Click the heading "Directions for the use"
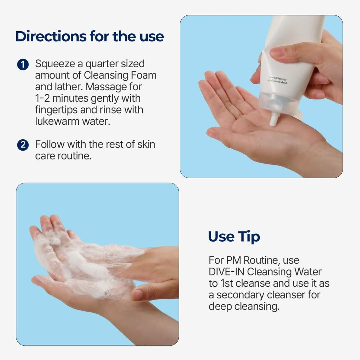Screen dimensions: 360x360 click(90, 36)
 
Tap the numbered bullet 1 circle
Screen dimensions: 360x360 click(22, 64)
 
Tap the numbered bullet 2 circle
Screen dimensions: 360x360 click(22, 145)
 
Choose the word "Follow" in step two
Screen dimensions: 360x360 click(50, 144)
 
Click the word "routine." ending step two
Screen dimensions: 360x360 click(75, 156)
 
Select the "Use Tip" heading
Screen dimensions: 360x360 click(234, 237)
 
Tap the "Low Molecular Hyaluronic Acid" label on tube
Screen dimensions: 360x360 click(278, 80)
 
